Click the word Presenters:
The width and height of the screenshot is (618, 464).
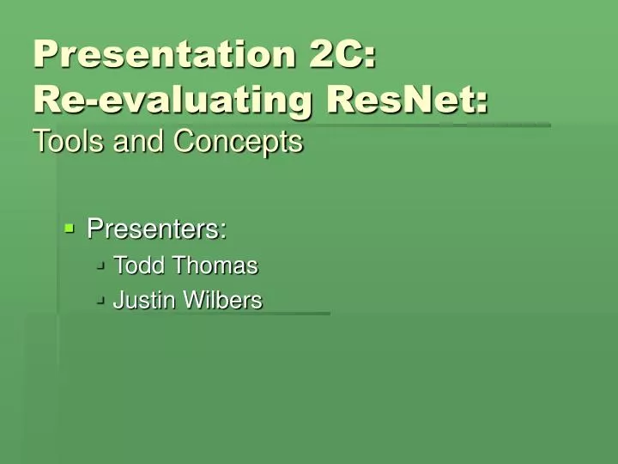[x=157, y=229]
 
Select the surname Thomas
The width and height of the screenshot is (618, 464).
[x=215, y=266]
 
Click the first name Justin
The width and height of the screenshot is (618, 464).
[x=142, y=300]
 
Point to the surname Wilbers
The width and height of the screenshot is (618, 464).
[x=221, y=300]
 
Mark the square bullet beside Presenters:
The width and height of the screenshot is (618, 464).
[x=70, y=228]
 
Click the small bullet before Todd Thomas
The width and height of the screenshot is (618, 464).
[x=101, y=266]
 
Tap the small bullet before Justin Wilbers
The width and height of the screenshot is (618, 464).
[x=101, y=300]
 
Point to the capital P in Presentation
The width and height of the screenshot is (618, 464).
[x=45, y=54]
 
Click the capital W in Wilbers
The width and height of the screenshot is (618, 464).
[x=190, y=300]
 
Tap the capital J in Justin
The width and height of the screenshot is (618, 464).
[x=118, y=300]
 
